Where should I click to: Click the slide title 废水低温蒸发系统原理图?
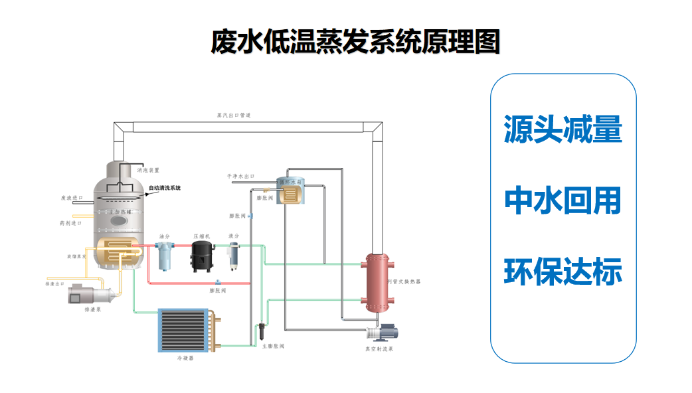355,41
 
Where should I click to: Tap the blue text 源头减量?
562,129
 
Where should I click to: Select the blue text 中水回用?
562,200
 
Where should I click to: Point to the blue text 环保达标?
562,273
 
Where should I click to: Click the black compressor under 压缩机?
202,256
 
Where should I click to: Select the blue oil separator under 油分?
163,256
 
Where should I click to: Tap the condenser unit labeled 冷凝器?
185,331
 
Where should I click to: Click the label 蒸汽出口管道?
234,116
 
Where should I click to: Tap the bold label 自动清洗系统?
165,188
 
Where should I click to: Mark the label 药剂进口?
70,224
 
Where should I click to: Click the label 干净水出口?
240,177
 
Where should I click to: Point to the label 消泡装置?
148,171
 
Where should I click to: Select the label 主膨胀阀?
274,346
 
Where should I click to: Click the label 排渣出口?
55,283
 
